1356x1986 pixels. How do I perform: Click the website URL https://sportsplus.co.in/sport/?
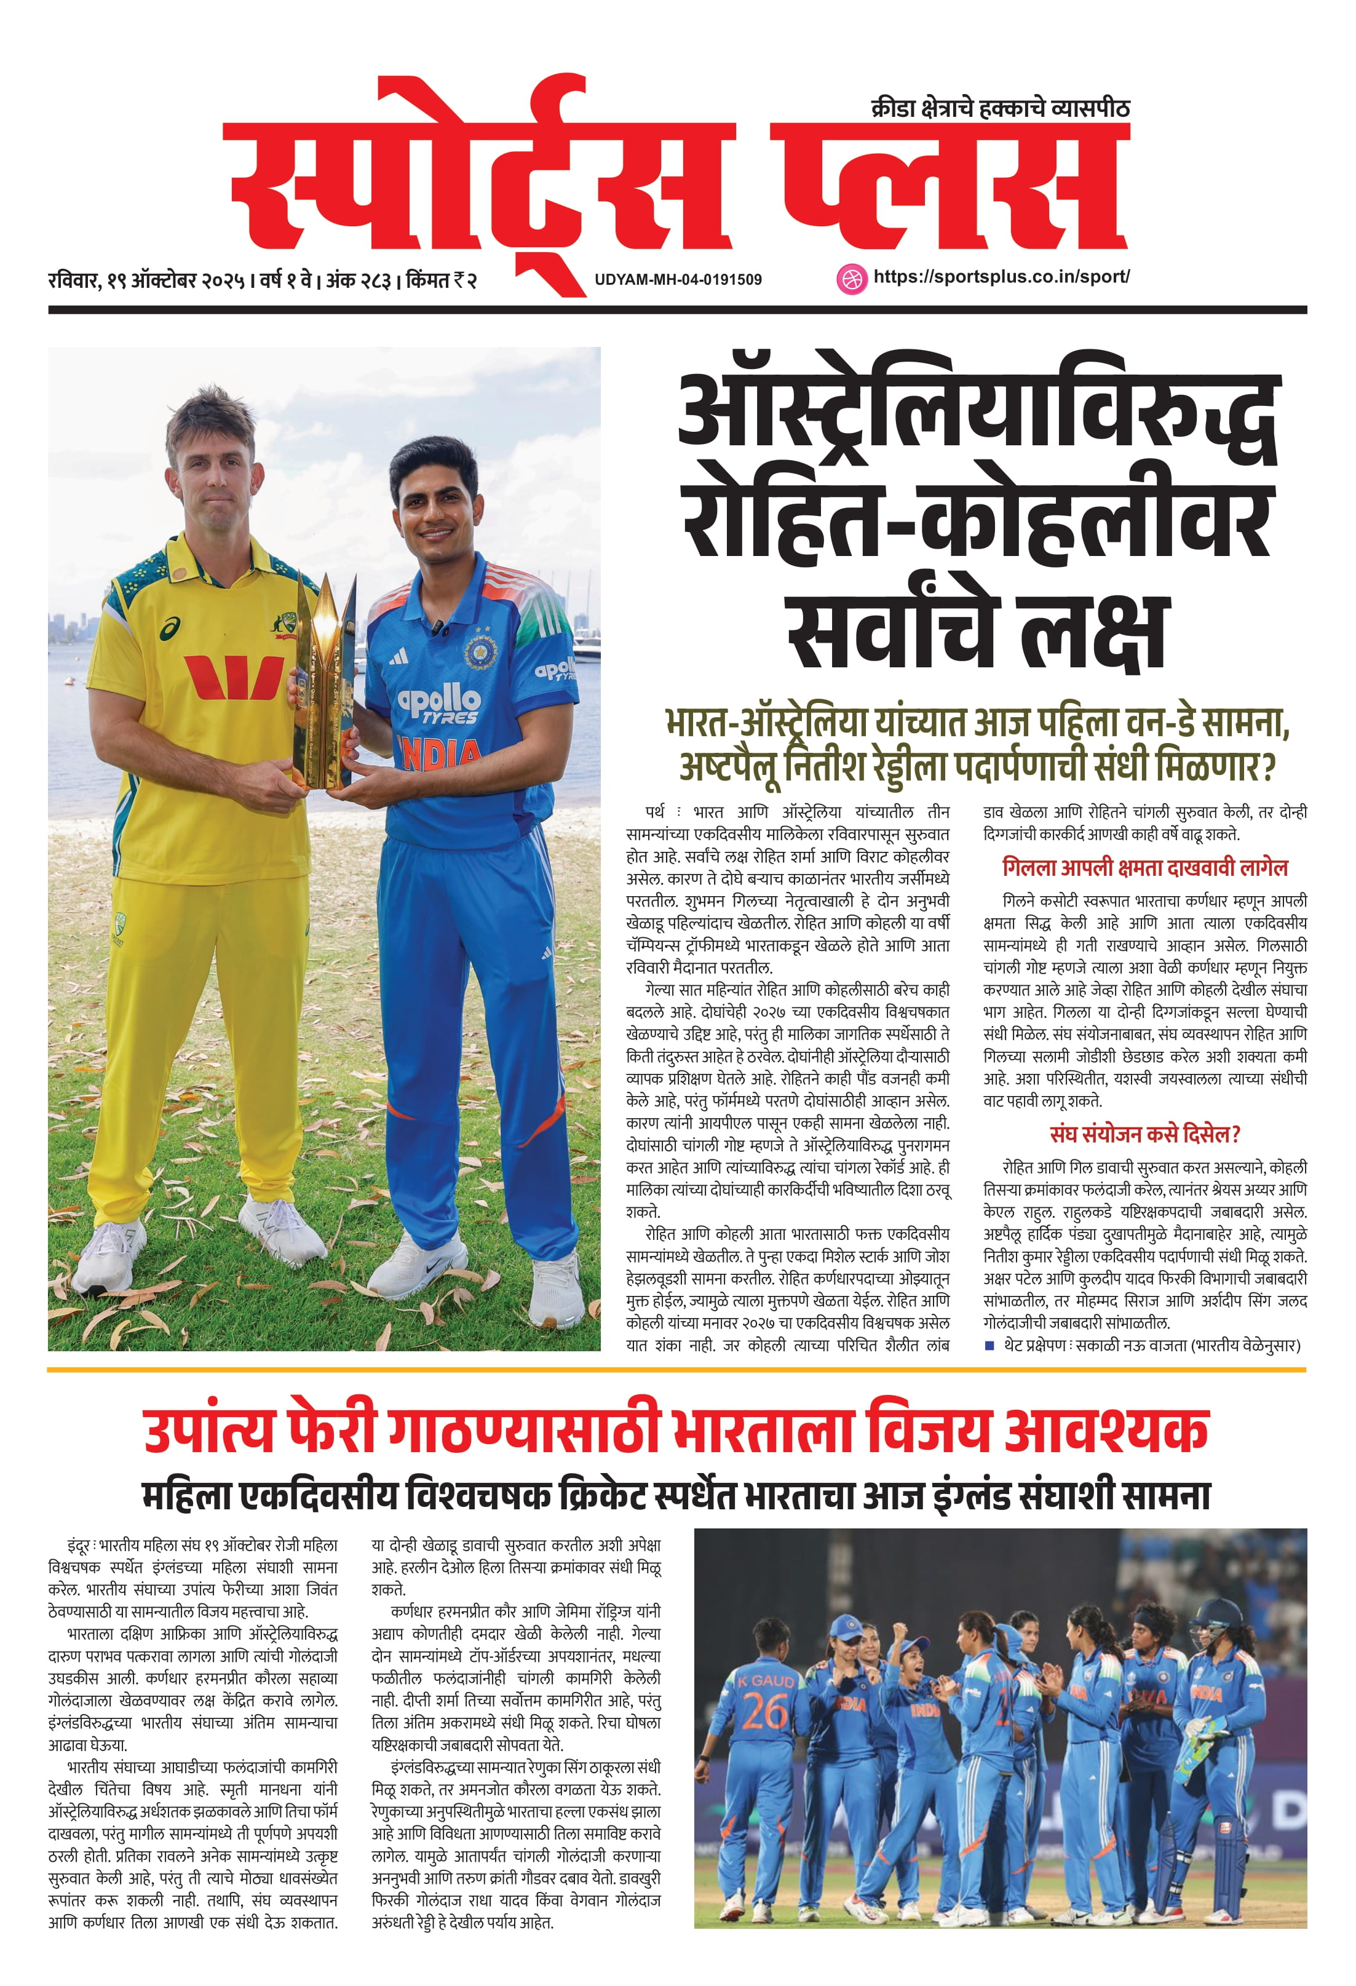pos(1001,277)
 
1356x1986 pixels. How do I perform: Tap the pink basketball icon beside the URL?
pos(850,279)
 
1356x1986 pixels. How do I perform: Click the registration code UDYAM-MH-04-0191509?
pos(678,279)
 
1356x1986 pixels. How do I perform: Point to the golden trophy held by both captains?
pos(325,685)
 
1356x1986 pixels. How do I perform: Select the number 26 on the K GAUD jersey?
pos(765,1712)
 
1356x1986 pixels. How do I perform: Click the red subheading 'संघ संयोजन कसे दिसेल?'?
pos(1145,1134)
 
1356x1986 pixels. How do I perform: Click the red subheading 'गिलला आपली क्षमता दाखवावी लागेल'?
pos(1145,867)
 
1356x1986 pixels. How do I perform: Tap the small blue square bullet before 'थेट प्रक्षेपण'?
pos(989,1345)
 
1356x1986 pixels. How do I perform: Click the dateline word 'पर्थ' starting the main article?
pos(656,812)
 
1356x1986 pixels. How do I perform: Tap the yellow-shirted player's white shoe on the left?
pos(107,1255)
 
